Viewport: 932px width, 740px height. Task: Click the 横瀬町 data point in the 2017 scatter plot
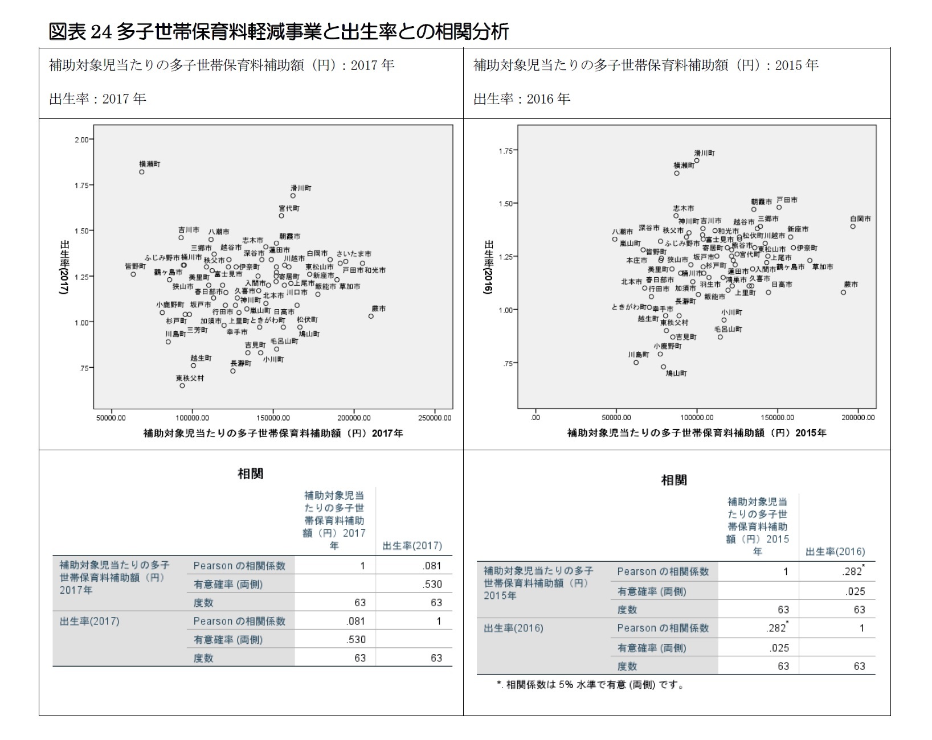click(x=142, y=172)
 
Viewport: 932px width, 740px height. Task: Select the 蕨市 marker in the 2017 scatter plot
click(x=371, y=316)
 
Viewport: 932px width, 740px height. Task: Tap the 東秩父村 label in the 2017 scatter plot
click(x=189, y=378)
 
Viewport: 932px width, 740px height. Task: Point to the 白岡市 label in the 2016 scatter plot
click(x=860, y=219)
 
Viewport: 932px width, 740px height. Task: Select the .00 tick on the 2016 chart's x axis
click(x=536, y=418)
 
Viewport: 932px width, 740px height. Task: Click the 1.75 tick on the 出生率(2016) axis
click(x=506, y=150)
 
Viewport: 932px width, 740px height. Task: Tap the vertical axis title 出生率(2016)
click(x=488, y=267)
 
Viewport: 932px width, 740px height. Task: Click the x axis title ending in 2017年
click(x=273, y=433)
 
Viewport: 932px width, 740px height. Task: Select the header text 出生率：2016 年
click(x=522, y=98)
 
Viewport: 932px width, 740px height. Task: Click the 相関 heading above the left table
click(x=250, y=474)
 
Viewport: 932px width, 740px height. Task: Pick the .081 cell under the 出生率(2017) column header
click(x=432, y=566)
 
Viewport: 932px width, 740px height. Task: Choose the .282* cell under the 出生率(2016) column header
click(x=853, y=572)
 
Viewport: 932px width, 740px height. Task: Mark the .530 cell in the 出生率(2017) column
click(x=432, y=584)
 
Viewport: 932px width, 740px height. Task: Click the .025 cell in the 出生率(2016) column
click(x=855, y=591)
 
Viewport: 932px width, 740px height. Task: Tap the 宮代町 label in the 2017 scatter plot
click(x=289, y=208)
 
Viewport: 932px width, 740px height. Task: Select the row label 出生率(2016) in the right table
click(x=513, y=628)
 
